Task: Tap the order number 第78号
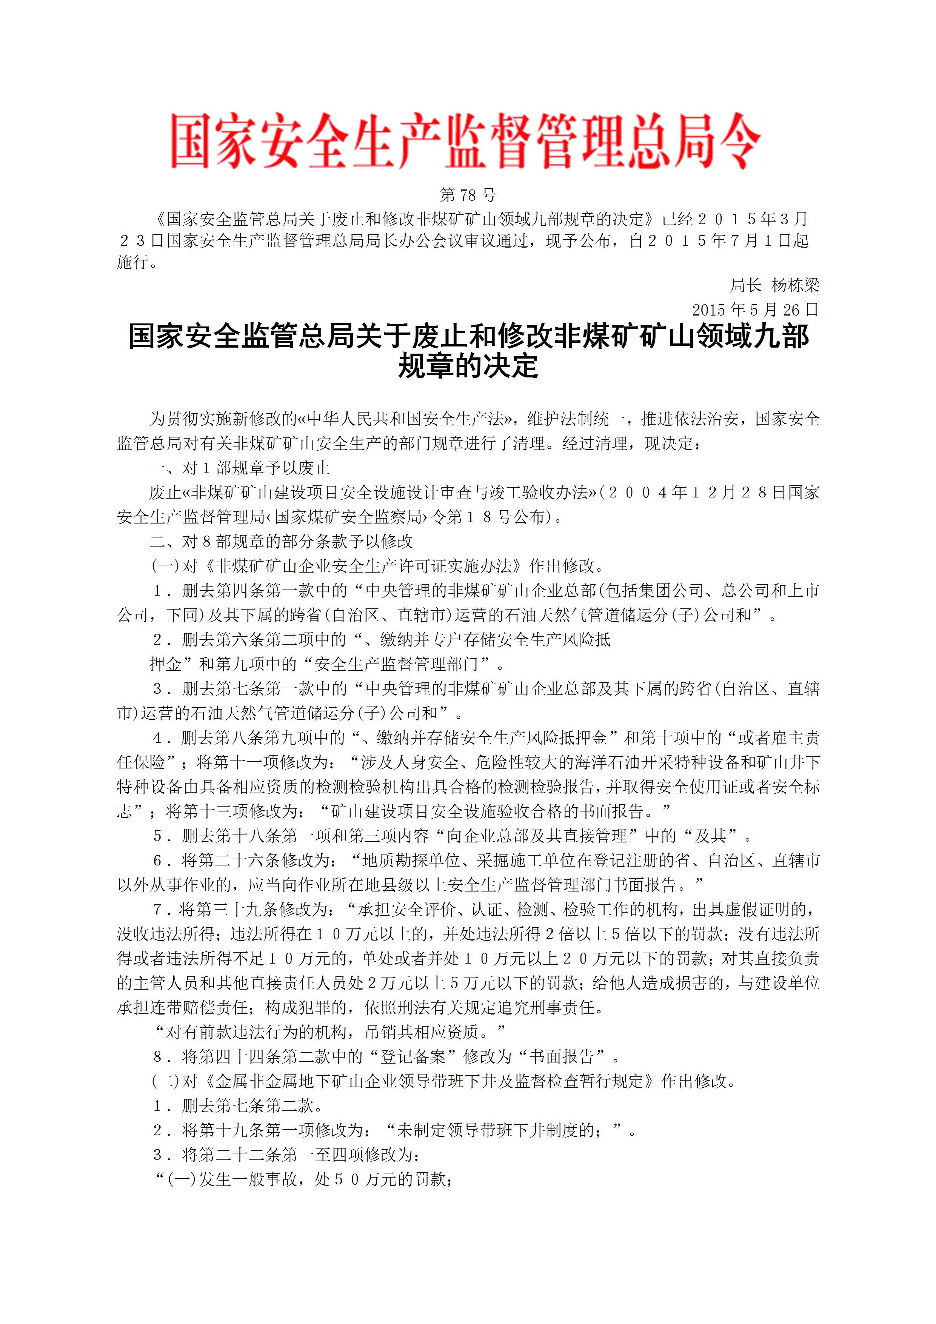point(468,196)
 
